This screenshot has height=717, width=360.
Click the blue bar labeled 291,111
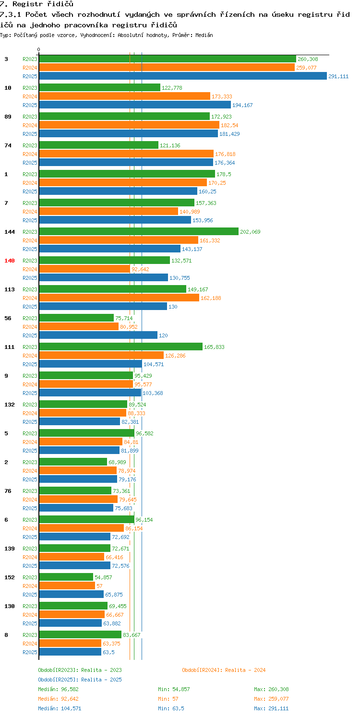(182, 76)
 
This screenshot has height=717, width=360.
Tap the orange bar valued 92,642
(84, 269)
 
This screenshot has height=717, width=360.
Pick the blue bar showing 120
(98, 335)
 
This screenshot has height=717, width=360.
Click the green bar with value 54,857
(66, 577)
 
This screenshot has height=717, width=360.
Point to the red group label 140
(10, 261)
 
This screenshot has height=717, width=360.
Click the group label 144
(10, 232)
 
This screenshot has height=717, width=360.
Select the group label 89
(8, 117)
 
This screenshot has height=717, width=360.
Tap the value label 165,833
(214, 347)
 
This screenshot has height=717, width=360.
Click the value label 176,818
(225, 154)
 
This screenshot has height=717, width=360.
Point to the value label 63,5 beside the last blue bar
(108, 652)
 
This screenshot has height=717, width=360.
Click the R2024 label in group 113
(30, 298)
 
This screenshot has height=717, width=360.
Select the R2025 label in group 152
(30, 595)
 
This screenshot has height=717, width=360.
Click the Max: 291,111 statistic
(271, 708)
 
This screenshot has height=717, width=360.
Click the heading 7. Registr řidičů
(36, 4)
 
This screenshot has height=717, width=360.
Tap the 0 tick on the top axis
(39, 49)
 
